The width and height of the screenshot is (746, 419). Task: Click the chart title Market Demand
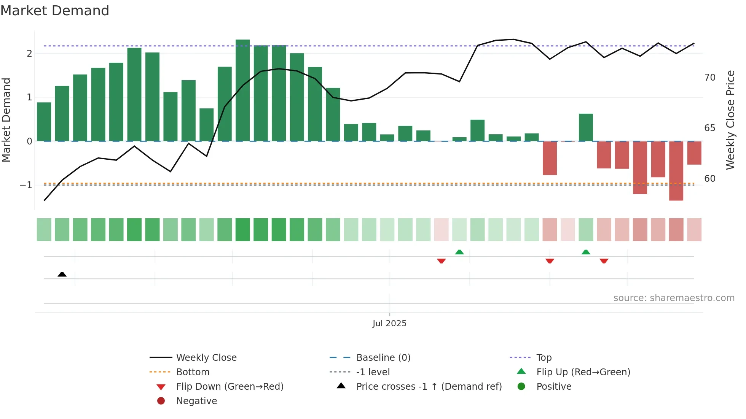(x=55, y=11)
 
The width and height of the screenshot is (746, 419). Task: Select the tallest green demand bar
(x=242, y=90)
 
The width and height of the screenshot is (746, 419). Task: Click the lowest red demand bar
(x=676, y=171)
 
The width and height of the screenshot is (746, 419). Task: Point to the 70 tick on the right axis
(x=710, y=78)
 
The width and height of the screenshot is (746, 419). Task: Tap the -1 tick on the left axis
(x=26, y=185)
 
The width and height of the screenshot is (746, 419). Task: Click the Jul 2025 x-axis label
(x=389, y=324)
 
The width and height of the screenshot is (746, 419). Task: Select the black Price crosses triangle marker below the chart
(x=62, y=274)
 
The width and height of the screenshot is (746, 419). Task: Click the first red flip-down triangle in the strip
(x=441, y=261)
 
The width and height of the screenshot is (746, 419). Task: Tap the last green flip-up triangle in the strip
(x=586, y=252)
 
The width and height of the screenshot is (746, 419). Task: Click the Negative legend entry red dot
(x=161, y=401)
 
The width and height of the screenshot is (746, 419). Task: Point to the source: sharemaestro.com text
(x=674, y=298)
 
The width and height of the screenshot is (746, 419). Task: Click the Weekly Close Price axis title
(x=730, y=120)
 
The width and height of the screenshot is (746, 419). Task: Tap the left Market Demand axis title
(x=6, y=120)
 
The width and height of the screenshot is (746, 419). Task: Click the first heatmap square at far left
(x=44, y=230)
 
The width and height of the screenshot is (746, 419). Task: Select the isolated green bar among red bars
(x=586, y=127)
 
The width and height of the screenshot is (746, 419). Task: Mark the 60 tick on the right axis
(x=710, y=179)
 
